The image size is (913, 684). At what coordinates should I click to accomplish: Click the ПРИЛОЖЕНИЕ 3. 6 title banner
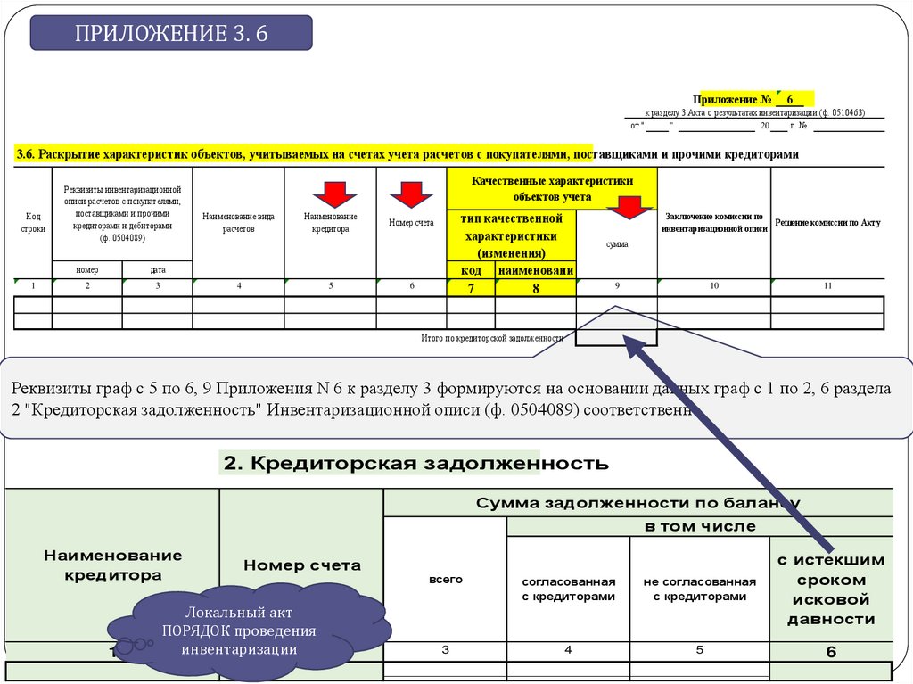(x=171, y=34)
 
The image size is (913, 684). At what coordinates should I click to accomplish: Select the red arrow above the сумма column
(x=630, y=206)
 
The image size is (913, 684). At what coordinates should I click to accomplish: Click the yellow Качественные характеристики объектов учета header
(x=553, y=187)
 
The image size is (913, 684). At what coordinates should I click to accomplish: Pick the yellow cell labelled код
(x=471, y=269)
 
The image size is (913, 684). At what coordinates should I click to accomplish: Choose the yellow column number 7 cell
(x=471, y=287)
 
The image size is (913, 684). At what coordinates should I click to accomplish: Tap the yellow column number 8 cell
(x=536, y=287)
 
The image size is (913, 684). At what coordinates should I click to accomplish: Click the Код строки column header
(x=33, y=222)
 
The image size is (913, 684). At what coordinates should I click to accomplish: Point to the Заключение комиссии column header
(x=714, y=222)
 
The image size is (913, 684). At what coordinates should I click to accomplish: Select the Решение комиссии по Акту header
(x=827, y=222)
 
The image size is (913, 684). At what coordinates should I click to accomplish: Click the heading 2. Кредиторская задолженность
(x=416, y=464)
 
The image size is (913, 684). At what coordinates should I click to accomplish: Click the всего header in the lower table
(x=446, y=580)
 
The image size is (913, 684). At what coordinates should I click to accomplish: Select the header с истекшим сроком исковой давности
(x=831, y=589)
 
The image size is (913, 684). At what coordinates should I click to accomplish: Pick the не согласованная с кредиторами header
(x=700, y=589)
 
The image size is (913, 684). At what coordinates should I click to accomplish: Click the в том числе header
(x=700, y=526)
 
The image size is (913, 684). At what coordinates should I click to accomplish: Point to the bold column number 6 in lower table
(x=831, y=652)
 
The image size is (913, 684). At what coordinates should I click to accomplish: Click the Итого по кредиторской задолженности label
(x=492, y=339)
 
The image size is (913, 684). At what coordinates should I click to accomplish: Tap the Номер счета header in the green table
(x=302, y=565)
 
